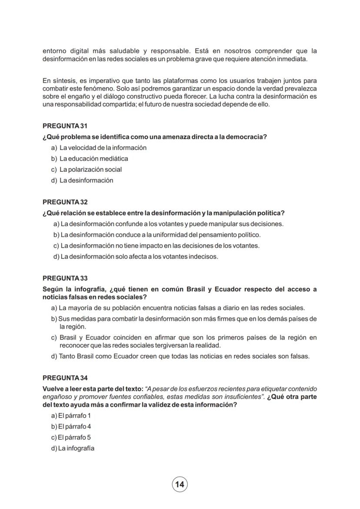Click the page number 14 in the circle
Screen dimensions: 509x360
click(x=180, y=484)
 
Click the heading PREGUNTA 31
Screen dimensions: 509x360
click(x=65, y=126)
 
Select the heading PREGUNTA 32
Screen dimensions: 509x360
click(x=65, y=202)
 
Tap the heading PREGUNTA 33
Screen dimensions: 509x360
click(x=65, y=278)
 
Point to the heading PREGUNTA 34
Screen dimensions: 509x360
click(x=65, y=378)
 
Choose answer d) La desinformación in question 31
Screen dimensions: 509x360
click(x=82, y=180)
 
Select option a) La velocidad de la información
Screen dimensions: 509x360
click(x=99, y=148)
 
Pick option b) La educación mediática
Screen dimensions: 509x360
click(x=90, y=159)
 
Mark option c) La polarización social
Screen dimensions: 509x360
click(x=87, y=170)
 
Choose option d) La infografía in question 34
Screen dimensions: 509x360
click(x=73, y=448)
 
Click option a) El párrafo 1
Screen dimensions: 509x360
click(x=71, y=416)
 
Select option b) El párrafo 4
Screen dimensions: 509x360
click(x=71, y=426)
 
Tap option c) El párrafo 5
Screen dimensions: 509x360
click(x=71, y=437)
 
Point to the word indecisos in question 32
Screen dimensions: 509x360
click(x=203, y=256)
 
